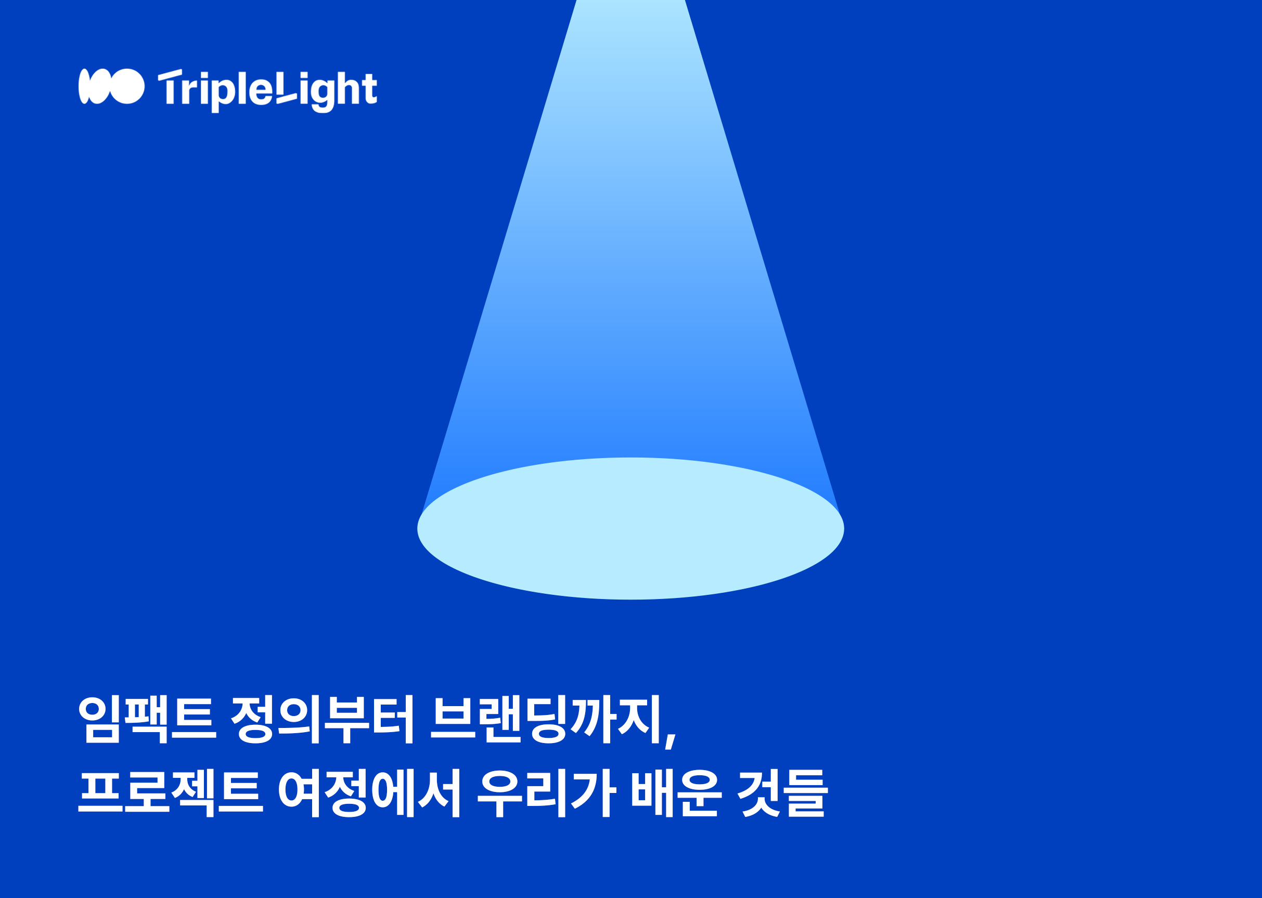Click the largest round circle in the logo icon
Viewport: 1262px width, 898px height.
128,86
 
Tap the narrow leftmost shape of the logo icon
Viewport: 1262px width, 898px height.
84,86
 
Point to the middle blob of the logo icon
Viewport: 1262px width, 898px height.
99,86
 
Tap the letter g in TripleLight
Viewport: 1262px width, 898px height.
323,96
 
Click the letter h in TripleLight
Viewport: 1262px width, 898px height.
349,87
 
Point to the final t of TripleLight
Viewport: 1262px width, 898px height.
370,88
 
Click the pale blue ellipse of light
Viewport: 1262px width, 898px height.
630,529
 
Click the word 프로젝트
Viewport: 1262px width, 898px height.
171,793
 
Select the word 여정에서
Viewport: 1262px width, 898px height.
369,793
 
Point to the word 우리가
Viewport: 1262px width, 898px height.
546,793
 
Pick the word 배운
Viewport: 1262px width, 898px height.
677,793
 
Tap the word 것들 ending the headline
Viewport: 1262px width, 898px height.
783,793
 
